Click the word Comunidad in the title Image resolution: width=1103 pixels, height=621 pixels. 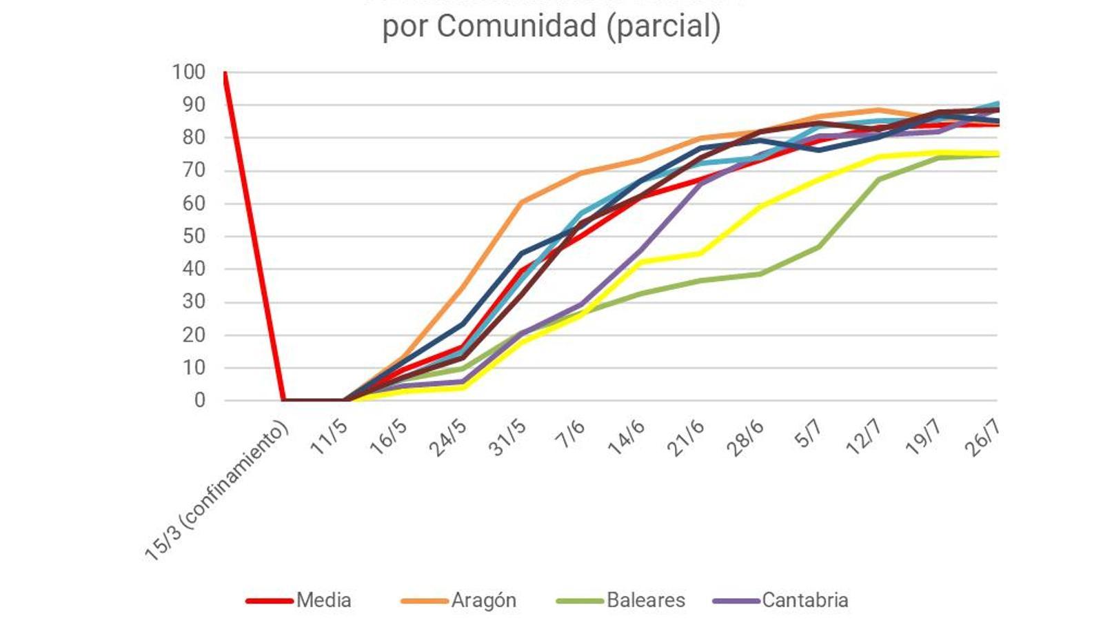507,26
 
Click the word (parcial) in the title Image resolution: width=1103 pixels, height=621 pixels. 664,26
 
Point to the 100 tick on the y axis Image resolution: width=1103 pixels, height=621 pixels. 188,72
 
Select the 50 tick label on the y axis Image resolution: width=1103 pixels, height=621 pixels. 194,236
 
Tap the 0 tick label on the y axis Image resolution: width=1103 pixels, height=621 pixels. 199,400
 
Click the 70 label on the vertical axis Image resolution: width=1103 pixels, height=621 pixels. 194,170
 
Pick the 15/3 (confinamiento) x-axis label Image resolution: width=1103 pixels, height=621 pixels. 217,491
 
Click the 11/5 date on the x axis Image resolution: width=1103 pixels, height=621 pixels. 329,437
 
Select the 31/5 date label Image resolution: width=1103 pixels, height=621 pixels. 507,438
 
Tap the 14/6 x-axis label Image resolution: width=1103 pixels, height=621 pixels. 626,438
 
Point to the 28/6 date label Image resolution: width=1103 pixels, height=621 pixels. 745,438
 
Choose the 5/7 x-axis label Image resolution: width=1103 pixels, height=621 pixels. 808,434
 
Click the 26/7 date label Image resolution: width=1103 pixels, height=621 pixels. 982,438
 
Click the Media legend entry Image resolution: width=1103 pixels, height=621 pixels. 323,600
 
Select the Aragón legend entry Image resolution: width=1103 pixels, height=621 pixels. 483,600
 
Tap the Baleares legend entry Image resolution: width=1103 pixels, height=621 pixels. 645,600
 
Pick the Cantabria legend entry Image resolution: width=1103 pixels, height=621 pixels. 805,600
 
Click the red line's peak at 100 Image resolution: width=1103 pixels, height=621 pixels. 225,72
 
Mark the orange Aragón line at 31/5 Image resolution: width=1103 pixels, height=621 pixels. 521,202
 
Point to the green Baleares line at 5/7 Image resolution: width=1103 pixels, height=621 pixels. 819,246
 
